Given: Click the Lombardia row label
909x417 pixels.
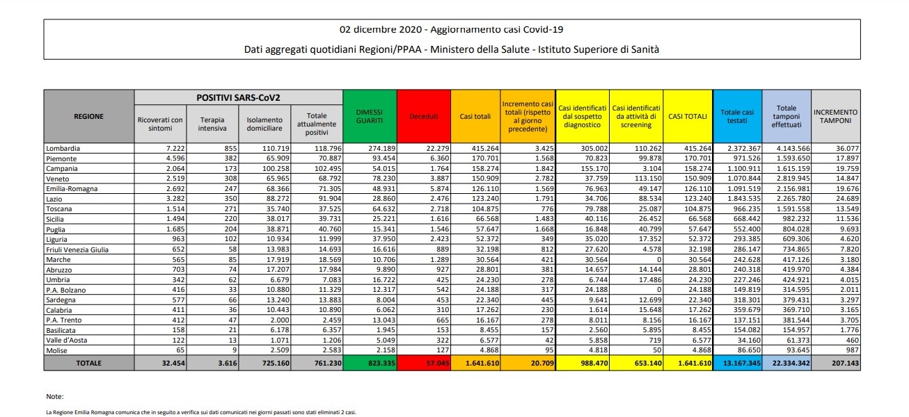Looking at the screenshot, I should [x=63, y=149].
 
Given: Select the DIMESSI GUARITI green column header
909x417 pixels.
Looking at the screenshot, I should [x=369, y=116].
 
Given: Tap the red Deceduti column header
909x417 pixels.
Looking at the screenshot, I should [x=423, y=116].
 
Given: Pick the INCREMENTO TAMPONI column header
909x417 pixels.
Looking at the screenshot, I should [x=835, y=116].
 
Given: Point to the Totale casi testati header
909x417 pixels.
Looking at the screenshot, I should [x=737, y=116].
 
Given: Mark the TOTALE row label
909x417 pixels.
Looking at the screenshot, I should [x=88, y=363].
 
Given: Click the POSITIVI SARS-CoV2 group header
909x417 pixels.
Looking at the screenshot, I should [x=238, y=97].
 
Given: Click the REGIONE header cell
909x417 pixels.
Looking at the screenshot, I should [x=88, y=116].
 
